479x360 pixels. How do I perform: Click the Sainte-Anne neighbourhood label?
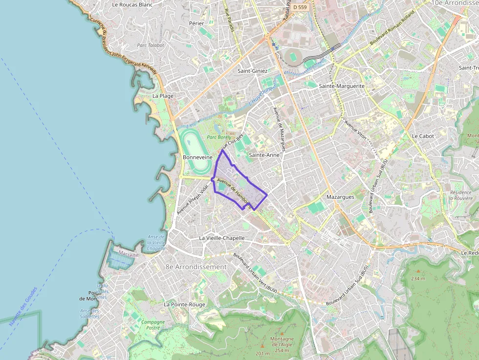point(264,155)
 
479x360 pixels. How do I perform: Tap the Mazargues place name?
point(340,197)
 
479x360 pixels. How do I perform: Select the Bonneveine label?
point(197,158)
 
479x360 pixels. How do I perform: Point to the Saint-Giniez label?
point(253,71)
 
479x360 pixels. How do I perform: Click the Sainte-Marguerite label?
point(342,86)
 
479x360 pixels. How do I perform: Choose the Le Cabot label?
point(422,136)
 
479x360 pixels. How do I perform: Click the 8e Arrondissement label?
point(196,267)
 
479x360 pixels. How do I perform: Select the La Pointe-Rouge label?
point(184,304)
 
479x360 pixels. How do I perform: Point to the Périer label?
point(196,23)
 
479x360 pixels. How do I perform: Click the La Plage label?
point(163,96)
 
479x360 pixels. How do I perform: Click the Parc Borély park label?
point(218,138)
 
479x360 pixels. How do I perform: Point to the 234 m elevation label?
point(418,279)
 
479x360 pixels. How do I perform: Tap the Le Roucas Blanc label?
point(132,5)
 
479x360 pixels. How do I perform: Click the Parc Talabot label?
point(151,45)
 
